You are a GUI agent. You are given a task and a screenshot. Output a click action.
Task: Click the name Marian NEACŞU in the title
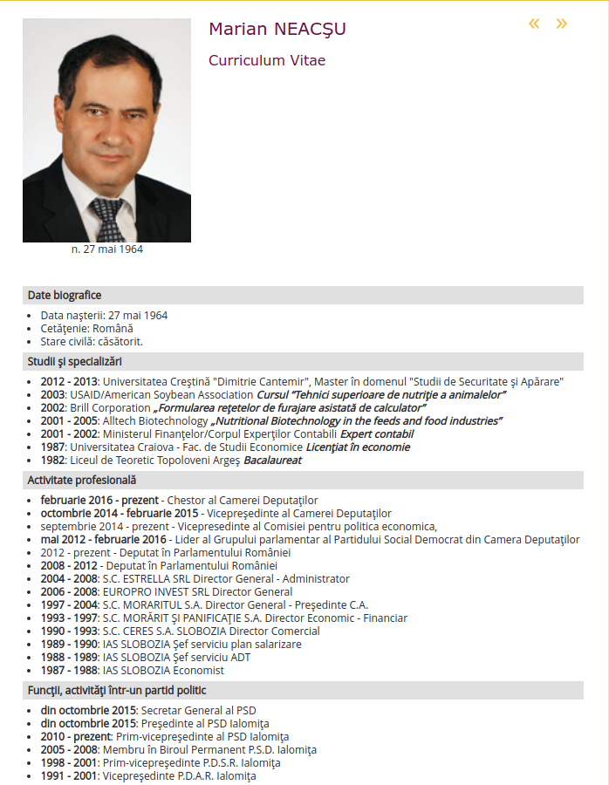(x=277, y=30)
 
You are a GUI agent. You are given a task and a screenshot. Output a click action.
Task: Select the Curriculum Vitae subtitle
(x=267, y=61)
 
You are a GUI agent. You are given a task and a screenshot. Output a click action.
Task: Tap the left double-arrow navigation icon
(x=535, y=24)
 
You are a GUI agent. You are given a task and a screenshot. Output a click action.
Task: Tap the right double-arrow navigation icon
(x=562, y=24)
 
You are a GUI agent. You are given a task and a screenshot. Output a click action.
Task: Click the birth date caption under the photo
(x=106, y=249)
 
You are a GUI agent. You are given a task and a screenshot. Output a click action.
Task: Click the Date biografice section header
(x=65, y=295)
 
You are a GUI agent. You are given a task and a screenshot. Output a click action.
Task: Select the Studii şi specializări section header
(x=75, y=361)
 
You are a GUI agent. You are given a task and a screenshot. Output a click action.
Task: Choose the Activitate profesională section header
(x=82, y=480)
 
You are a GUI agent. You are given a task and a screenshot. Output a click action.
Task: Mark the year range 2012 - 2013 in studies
(x=69, y=382)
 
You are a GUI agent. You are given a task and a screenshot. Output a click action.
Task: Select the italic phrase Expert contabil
(x=376, y=434)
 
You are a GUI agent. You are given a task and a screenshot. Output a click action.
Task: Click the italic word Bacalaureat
(x=272, y=461)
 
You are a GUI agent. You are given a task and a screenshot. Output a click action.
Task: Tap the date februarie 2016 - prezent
(x=99, y=501)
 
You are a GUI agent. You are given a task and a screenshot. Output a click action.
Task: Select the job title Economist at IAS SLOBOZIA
(x=197, y=671)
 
